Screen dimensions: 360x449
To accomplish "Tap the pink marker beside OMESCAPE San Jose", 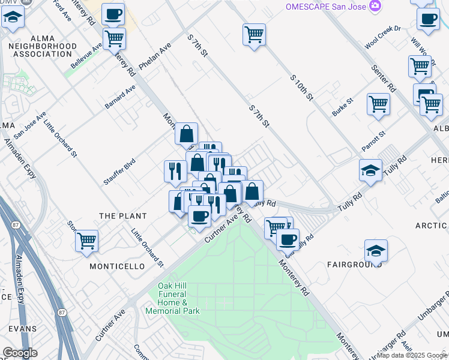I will click(376, 5).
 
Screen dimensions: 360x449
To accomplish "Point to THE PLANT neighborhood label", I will click(123, 216).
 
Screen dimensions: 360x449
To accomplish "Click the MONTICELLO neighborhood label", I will click(117, 266).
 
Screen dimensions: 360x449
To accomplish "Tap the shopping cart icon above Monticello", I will click(87, 241).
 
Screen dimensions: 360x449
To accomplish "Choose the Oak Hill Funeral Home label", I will click(172, 299).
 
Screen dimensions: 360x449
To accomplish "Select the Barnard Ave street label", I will click(120, 97).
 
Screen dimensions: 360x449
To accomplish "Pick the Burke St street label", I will click(343, 106).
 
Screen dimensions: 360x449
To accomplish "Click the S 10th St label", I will click(302, 88).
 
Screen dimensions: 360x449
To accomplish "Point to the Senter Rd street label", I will click(384, 78).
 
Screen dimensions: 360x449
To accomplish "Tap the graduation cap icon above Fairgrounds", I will click(376, 250).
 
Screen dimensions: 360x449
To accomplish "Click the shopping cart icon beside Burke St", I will click(379, 104).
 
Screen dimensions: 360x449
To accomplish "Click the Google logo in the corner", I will click(20, 353).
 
